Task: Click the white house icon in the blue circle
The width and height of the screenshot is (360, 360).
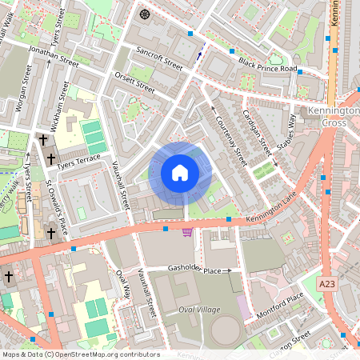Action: (x=180, y=173)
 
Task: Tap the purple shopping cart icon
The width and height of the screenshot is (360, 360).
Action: (x=187, y=232)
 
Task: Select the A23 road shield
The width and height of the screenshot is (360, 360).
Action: (x=326, y=284)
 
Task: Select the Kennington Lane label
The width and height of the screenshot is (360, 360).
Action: (x=275, y=212)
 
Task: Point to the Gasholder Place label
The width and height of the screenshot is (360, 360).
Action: (x=194, y=270)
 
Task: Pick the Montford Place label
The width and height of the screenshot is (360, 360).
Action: (x=280, y=308)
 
